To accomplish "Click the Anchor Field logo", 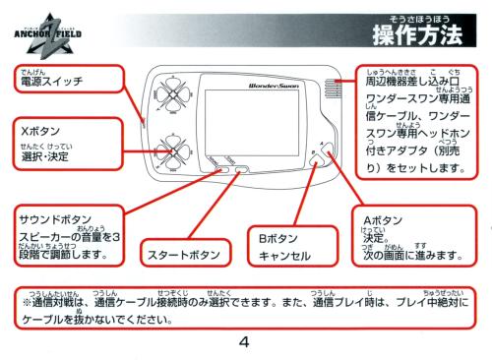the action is (x=48, y=35).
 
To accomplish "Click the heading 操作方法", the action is (x=417, y=35).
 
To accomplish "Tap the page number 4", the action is (x=244, y=342).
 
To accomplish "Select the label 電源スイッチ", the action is (x=52, y=82).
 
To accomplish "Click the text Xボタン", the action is (x=40, y=131).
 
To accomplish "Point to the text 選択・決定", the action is (x=45, y=156).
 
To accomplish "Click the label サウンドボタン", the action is (x=55, y=219).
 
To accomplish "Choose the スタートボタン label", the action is (x=184, y=255).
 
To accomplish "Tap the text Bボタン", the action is (x=277, y=238).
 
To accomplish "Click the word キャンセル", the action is (x=284, y=256).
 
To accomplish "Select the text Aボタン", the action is (x=383, y=220).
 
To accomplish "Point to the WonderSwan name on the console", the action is (x=274, y=86).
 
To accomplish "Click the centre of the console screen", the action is (x=252, y=123).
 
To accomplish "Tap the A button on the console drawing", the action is (x=329, y=150).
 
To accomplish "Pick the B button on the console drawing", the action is (x=316, y=160).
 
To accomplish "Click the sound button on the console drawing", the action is (x=222, y=169).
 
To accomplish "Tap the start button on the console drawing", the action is (x=242, y=169).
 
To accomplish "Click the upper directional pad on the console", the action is (x=172, y=94).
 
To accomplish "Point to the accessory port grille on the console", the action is (x=333, y=89).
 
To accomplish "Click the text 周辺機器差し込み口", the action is (x=412, y=82).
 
